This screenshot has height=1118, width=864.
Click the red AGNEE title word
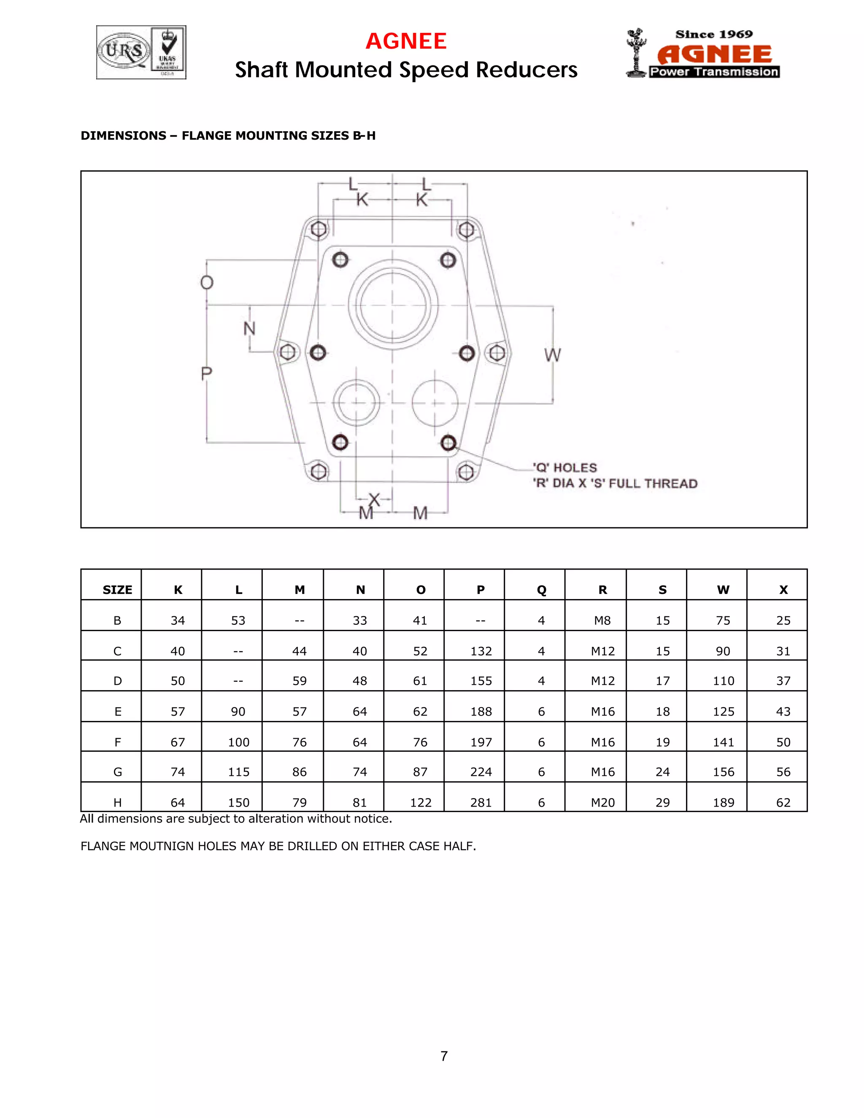406,41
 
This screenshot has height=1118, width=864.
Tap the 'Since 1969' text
714,34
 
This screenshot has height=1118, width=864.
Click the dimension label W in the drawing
553,355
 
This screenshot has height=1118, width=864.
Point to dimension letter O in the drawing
207,283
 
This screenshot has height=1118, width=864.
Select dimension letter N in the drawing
249,328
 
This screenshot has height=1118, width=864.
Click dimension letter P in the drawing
206,374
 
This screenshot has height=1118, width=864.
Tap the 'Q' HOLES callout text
565,467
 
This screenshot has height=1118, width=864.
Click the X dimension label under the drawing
375,499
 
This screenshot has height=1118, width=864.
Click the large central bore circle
393,305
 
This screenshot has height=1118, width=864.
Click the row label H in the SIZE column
118,802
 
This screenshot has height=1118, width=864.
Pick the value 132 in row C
481,651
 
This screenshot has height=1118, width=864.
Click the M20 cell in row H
602,802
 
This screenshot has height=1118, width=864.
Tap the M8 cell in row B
602,621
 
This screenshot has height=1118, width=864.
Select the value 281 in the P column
481,802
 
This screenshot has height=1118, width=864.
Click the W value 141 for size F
723,742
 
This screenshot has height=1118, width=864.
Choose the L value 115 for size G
238,772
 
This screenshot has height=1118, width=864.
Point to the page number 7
444,1056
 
